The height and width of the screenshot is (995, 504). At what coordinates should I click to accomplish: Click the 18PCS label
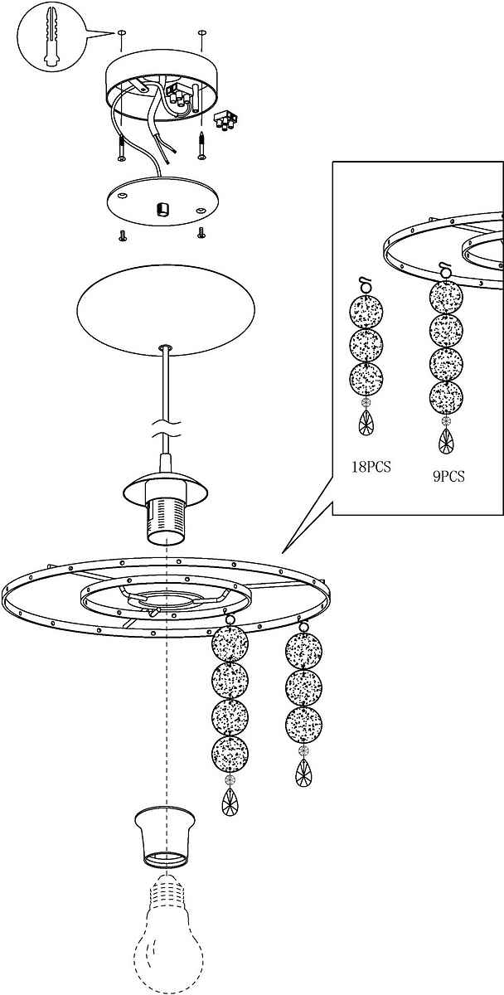[x=371, y=467]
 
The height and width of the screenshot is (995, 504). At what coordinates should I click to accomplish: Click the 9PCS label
[x=448, y=477]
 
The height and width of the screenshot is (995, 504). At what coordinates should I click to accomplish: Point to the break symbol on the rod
[x=165, y=430]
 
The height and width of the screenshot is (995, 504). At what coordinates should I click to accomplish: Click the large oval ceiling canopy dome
[x=166, y=310]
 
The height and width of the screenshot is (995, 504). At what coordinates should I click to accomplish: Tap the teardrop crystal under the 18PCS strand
[x=366, y=422]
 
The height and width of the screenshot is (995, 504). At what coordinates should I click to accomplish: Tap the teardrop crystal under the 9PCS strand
[x=446, y=440]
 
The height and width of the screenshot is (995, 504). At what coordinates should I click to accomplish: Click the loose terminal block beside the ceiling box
[x=225, y=120]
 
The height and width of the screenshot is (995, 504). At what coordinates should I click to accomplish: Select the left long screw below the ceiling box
[x=121, y=148]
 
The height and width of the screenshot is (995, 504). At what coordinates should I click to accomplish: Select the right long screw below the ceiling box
[x=202, y=145]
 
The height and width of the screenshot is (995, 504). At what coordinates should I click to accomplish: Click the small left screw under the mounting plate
[x=123, y=236]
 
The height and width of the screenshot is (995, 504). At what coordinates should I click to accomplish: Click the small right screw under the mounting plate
[x=201, y=232]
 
